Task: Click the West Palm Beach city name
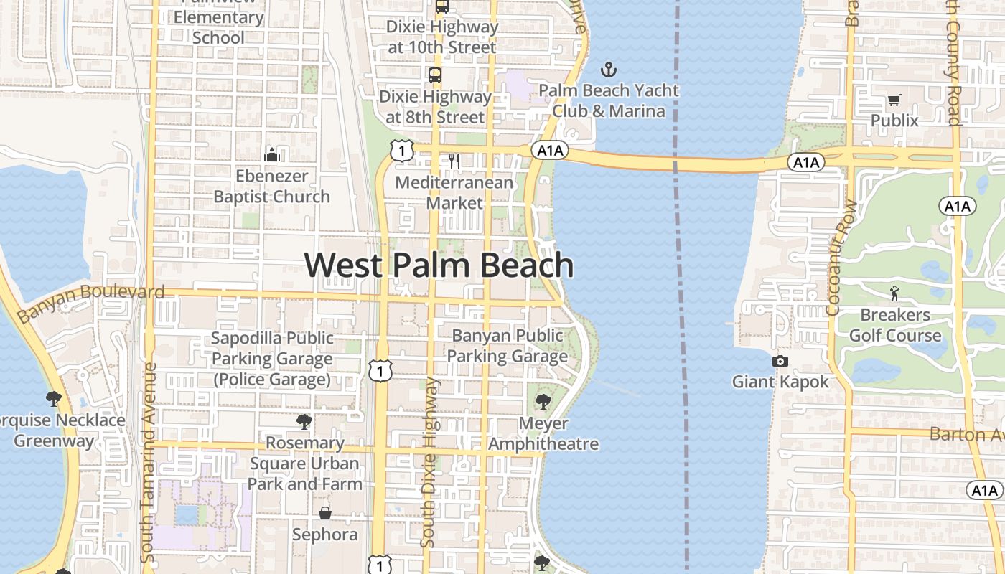(439, 265)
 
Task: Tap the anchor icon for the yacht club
(609, 70)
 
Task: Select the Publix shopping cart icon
(894, 100)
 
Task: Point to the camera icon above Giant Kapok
(780, 361)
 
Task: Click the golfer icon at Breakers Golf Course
(894, 293)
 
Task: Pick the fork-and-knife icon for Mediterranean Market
(454, 161)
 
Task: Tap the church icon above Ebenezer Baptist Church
(272, 154)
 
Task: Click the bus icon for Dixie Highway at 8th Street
(434, 75)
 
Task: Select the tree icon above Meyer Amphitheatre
(543, 402)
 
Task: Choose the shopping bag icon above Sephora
(325, 513)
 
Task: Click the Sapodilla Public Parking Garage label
(272, 358)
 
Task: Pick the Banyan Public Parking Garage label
(508, 345)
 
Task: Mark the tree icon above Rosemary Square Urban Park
(304, 421)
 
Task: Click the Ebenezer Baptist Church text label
(272, 186)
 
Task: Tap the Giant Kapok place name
(780, 382)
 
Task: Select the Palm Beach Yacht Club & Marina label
(609, 101)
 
